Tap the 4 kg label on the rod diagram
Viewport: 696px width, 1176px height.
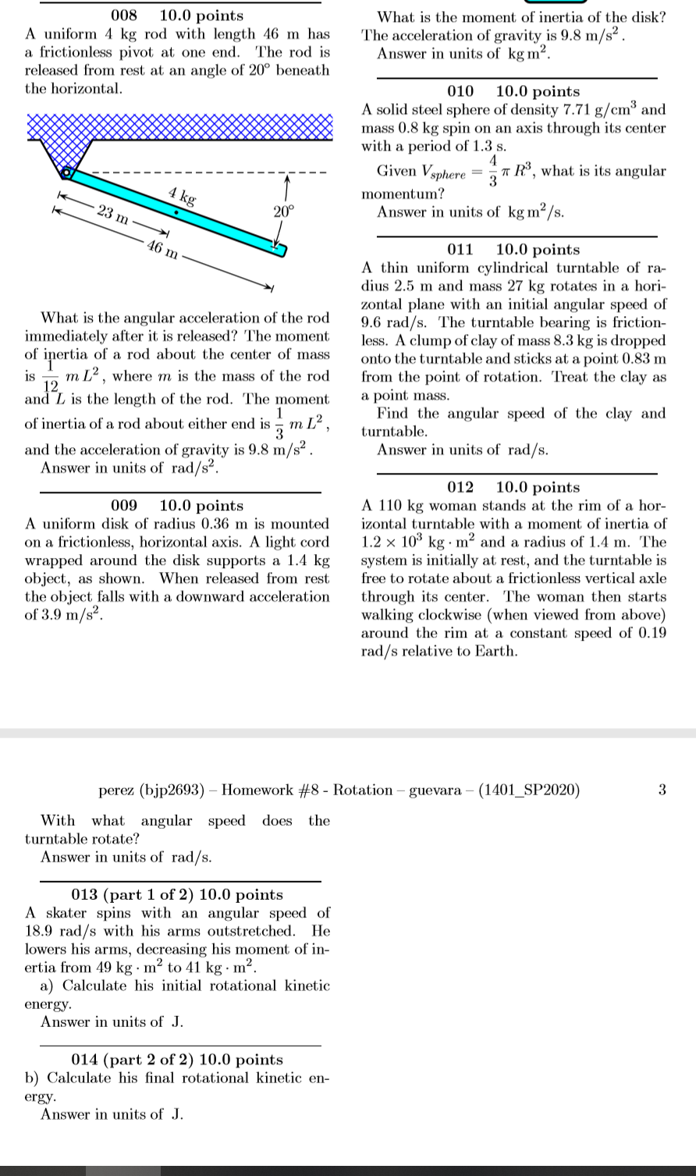[x=182, y=196]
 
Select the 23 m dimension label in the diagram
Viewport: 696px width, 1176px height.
[x=114, y=214]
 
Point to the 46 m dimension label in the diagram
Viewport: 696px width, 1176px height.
[x=163, y=248]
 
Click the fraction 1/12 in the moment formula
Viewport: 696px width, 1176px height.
[x=50, y=376]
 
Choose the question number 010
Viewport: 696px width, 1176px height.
[x=460, y=91]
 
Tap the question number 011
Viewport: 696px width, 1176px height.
[x=460, y=250]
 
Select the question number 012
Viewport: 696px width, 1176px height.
[x=460, y=488]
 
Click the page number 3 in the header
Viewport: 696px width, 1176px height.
[x=662, y=790]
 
